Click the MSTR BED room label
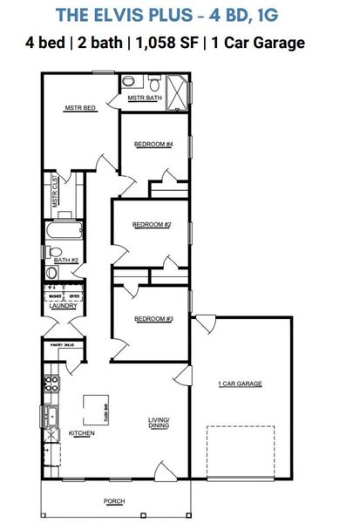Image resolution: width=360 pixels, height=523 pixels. (x=79, y=109)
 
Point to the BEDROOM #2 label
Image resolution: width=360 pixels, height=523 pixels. (x=151, y=224)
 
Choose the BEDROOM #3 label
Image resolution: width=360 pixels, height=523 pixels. (x=153, y=319)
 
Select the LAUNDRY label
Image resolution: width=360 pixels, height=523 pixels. (x=64, y=306)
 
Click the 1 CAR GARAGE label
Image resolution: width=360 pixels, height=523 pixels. (x=240, y=384)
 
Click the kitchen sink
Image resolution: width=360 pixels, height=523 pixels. (x=49, y=416)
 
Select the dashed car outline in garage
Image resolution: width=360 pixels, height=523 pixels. (x=241, y=451)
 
